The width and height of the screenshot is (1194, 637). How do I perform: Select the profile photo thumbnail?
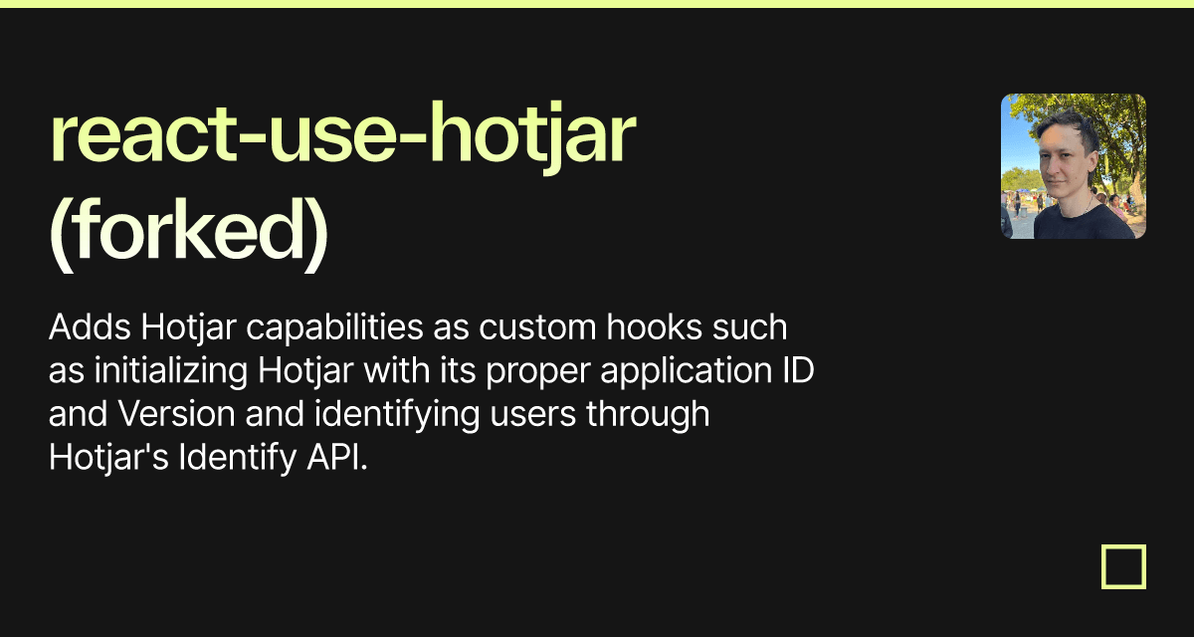(1073, 166)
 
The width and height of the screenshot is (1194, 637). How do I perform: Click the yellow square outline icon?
(1123, 566)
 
